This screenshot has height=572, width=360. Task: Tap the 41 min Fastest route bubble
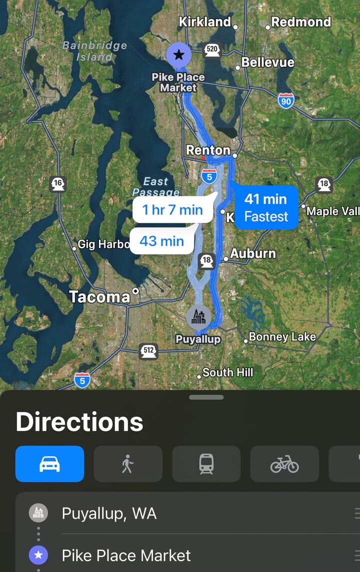[266, 207]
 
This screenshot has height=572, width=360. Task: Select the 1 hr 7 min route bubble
[172, 210]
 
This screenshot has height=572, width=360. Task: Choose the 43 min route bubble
[161, 241]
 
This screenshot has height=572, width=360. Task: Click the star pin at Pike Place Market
[178, 55]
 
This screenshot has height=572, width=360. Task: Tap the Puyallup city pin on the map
[198, 317]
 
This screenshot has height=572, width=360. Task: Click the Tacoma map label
[99, 297]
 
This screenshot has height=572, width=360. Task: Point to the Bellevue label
[268, 62]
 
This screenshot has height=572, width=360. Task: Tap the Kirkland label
[205, 22]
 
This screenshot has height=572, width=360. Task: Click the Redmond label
[301, 22]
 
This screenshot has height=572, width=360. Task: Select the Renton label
[208, 150]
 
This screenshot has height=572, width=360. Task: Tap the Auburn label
[252, 254]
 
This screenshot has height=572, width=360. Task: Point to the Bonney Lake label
[282, 337]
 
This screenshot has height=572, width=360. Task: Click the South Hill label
[227, 372]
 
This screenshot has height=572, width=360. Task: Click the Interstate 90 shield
[286, 100]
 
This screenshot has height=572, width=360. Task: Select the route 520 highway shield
[212, 49]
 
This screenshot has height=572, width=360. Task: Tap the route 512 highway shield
[148, 351]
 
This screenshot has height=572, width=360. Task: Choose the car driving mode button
[50, 464]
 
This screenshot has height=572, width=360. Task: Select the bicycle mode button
[284, 464]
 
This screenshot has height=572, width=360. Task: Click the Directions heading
[79, 422]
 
